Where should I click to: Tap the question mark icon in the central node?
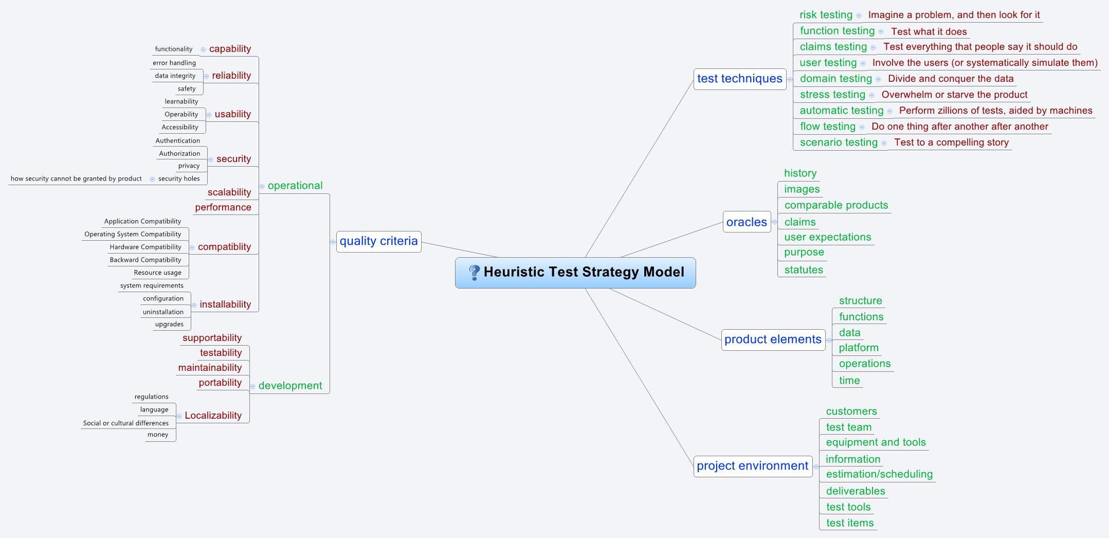click(474, 272)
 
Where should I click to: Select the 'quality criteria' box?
click(378, 241)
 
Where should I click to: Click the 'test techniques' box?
click(739, 79)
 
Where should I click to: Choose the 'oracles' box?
click(747, 222)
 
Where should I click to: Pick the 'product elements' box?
click(773, 339)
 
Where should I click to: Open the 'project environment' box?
click(752, 466)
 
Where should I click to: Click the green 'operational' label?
click(295, 186)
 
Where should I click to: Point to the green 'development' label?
click(290, 386)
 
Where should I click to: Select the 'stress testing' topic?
click(832, 95)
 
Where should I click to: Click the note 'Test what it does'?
click(929, 32)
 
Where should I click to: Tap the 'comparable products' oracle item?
click(836, 205)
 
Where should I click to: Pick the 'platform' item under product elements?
click(858, 348)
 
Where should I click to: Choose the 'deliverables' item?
click(855, 491)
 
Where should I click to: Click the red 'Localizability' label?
click(213, 416)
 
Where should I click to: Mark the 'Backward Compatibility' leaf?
click(145, 260)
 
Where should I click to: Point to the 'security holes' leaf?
click(179, 178)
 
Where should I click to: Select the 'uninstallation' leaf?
click(163, 312)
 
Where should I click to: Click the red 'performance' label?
click(223, 207)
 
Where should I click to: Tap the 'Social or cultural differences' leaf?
click(125, 423)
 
